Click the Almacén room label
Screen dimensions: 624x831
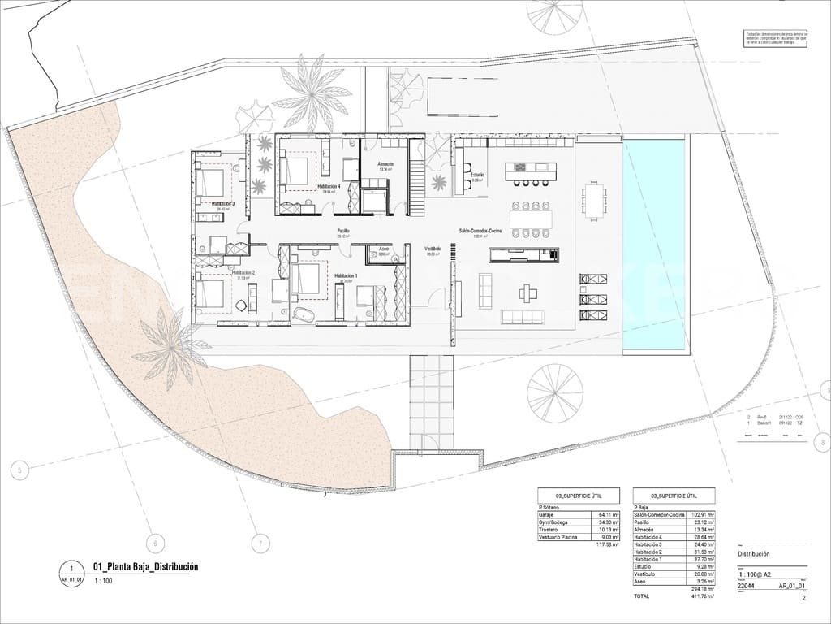click(385, 164)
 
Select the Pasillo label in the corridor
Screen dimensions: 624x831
click(344, 232)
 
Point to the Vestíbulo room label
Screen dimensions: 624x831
click(433, 249)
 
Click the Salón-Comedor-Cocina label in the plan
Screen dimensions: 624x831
click(480, 232)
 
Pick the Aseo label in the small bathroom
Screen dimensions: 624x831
click(385, 249)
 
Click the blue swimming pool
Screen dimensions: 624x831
click(654, 244)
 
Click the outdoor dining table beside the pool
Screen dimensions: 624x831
click(595, 201)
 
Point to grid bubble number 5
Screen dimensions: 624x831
click(20, 469)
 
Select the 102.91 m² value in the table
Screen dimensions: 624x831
click(700, 514)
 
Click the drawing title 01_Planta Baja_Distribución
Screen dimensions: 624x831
click(146, 567)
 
